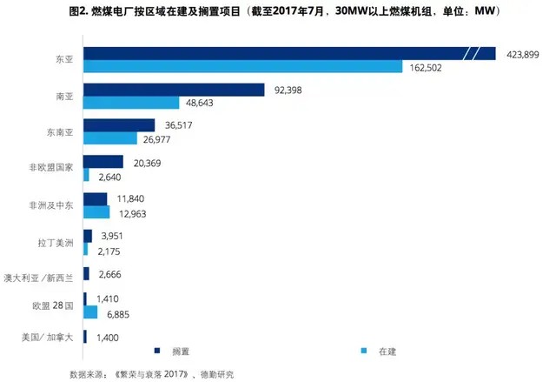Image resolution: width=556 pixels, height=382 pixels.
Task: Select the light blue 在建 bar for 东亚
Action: click(242, 67)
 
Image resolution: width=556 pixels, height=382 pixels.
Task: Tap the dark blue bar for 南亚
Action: click(173, 90)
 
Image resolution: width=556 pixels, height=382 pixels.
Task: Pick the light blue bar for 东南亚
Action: click(110, 138)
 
